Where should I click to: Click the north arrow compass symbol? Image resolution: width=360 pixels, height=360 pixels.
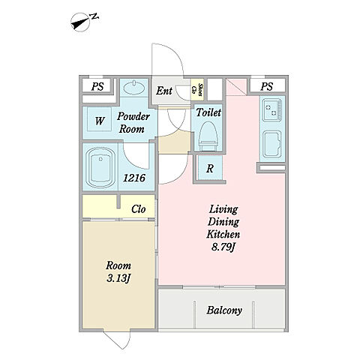80,22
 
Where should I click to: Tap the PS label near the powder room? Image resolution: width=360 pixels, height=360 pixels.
97,86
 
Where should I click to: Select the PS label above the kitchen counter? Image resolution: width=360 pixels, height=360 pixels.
266,86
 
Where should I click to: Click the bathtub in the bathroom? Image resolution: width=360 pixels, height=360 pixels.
100,167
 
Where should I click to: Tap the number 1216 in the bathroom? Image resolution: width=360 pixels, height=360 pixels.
134,178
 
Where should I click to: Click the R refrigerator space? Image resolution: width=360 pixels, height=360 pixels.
210,168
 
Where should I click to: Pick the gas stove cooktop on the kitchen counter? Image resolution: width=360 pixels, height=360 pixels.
272,110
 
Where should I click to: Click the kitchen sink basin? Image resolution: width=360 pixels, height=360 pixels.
272,144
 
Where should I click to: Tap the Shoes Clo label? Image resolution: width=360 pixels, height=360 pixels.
196,89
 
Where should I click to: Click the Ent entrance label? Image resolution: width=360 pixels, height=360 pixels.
164,91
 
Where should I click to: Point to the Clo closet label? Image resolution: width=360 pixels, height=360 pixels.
139,209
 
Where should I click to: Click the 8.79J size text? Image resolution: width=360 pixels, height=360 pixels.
223,247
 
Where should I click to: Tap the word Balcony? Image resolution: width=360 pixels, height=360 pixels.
224,310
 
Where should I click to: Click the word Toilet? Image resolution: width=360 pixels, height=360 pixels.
208,112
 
